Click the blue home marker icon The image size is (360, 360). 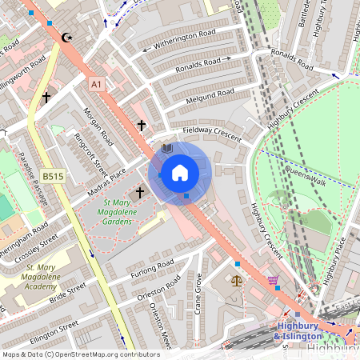pos(180,172)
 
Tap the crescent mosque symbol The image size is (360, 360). pos(66,38)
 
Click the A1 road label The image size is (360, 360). pos(96,83)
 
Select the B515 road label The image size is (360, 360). pos(54,175)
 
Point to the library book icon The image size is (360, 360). pos(167,149)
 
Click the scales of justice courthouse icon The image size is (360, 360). pos(236,280)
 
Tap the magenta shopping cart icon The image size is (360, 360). pos(274,280)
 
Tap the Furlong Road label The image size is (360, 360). pos(152,269)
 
